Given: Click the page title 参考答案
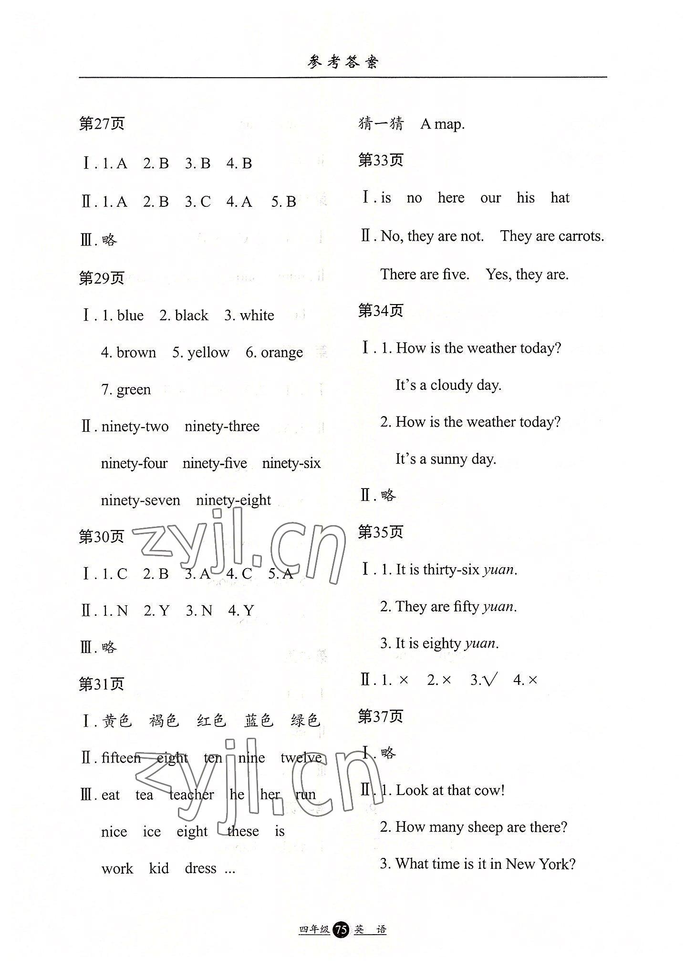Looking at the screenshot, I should coord(342,62).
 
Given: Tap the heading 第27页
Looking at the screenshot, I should coord(102,124).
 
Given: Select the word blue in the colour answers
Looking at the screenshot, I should coord(130,316).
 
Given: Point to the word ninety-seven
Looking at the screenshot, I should coord(140,500).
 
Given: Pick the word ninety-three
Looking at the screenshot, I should coord(222,426).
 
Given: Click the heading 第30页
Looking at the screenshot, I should coord(101,537).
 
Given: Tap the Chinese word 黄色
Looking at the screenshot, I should coord(117,720).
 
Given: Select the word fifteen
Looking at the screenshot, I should coord(121,758).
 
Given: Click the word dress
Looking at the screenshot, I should coord(200,868).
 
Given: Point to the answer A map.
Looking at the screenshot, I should coord(442,124).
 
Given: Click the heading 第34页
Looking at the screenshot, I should coord(381,311).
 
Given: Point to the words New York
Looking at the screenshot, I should coord(540,864).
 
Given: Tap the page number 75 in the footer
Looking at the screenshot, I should coord(341,930).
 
